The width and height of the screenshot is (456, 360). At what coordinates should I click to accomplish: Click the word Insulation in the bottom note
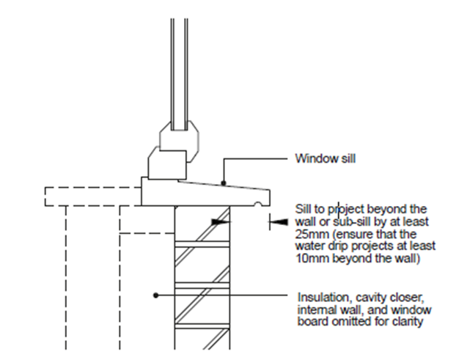pos(320,297)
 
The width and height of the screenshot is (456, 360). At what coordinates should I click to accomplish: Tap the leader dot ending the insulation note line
pos(155,296)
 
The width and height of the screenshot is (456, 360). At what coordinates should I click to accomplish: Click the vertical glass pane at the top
pos(177,66)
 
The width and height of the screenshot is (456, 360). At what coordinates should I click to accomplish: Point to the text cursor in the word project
pos(337,207)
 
